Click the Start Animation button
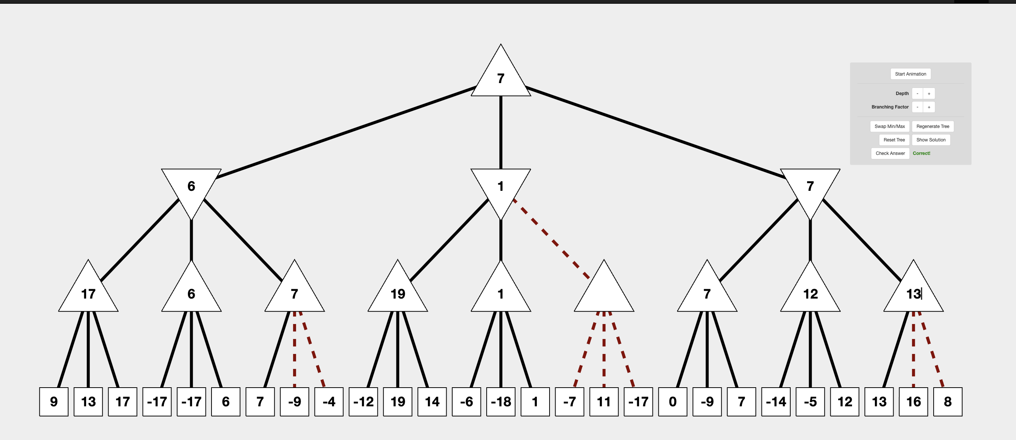point(910,74)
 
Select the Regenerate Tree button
point(933,126)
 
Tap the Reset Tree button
point(894,140)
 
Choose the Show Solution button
point(930,140)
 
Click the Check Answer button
point(890,153)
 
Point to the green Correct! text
point(921,153)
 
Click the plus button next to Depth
point(929,94)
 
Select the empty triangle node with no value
point(603,292)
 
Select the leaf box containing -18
point(501,401)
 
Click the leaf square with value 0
point(672,401)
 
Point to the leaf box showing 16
point(913,401)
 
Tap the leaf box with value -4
point(329,401)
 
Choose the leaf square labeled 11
point(603,401)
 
